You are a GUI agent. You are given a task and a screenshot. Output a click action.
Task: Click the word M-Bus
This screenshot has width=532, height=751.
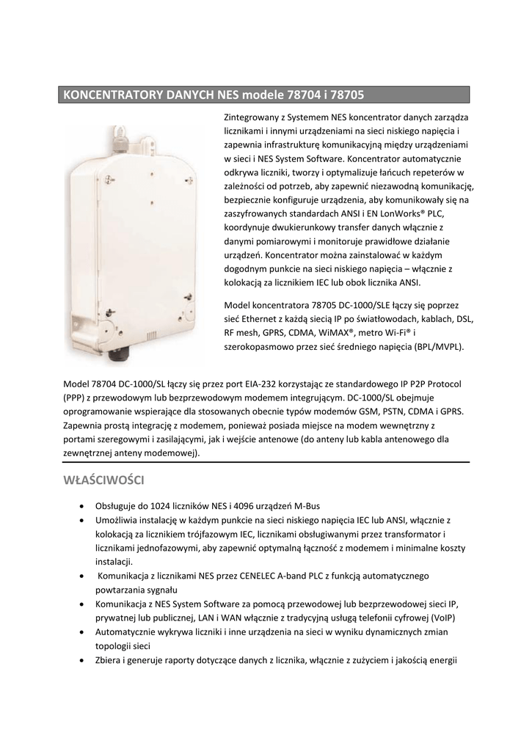[307, 506]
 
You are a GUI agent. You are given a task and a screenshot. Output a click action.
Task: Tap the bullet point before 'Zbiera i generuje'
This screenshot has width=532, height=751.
[80, 659]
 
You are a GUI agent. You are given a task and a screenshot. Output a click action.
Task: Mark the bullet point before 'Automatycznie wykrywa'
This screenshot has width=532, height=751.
[80, 631]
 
